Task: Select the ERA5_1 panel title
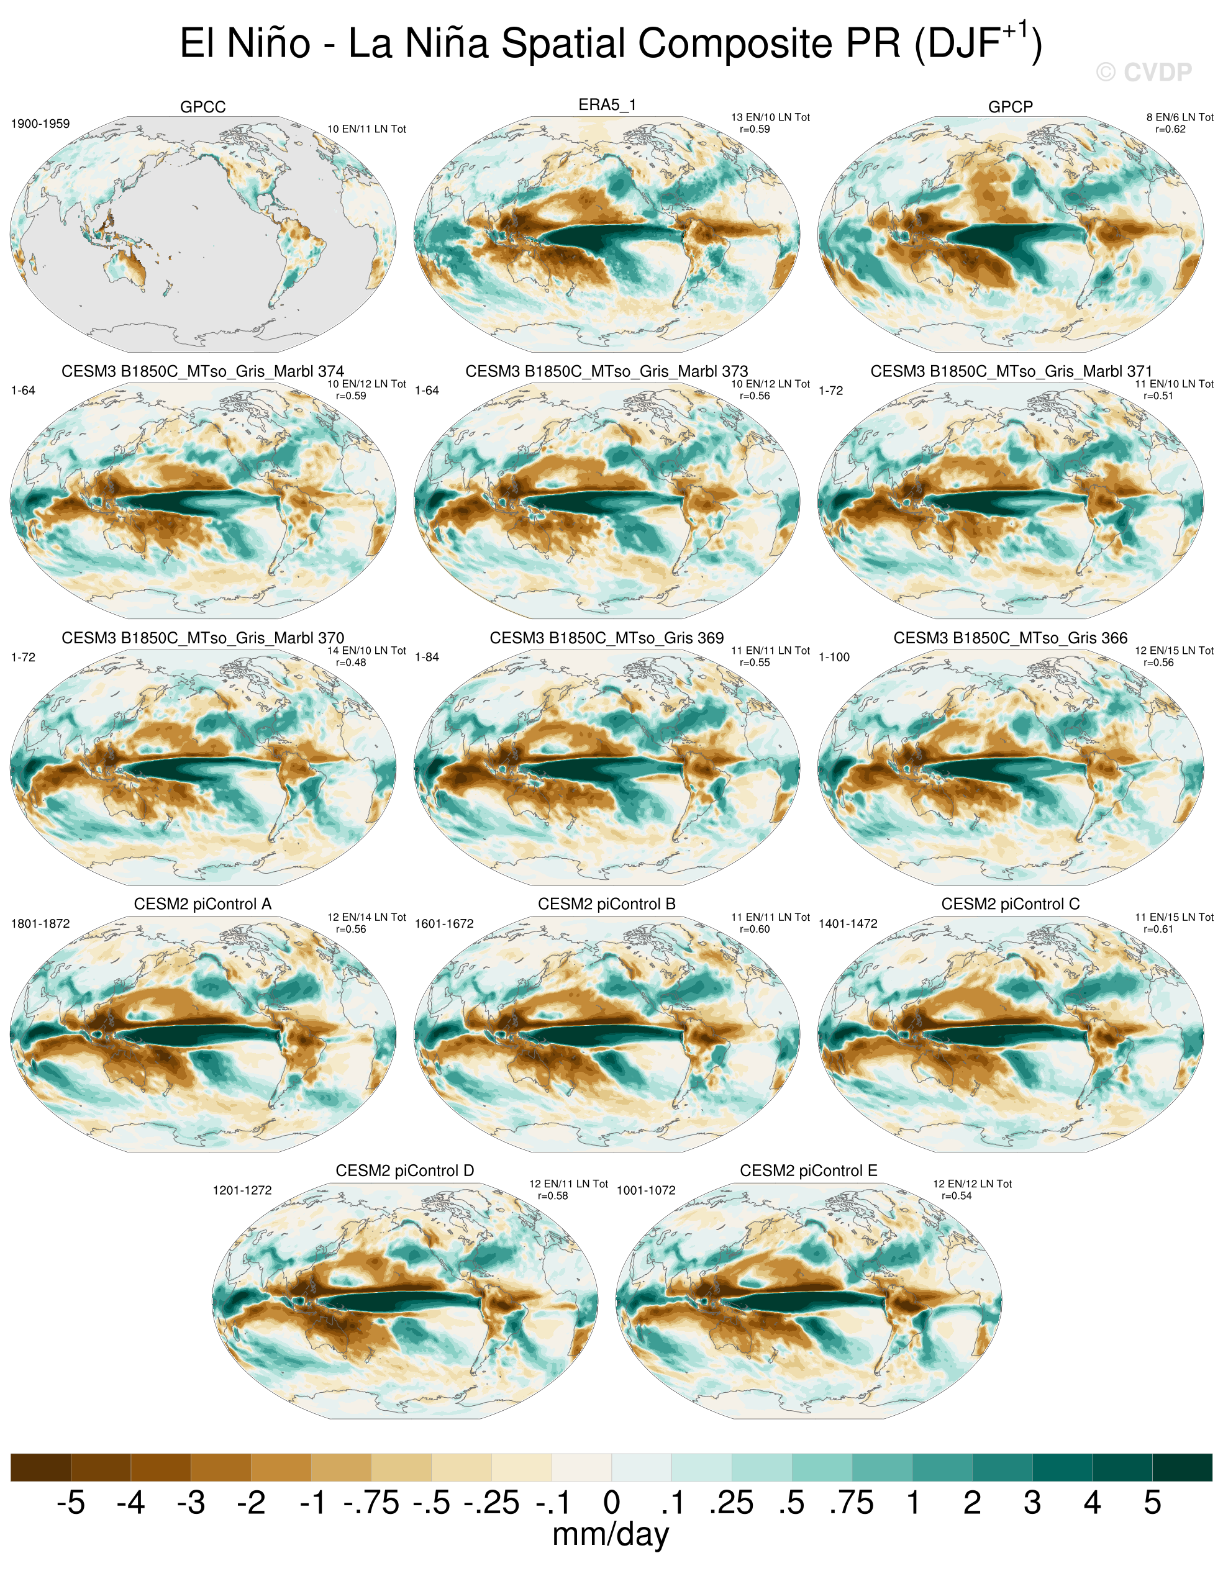[x=607, y=105]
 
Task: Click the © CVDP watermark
[x=1144, y=72]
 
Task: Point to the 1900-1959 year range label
[x=40, y=124]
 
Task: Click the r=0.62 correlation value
[x=1170, y=130]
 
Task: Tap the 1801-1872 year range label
[x=40, y=923]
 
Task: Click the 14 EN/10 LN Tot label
[x=367, y=651]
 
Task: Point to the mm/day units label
[x=611, y=1535]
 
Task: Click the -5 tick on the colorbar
[x=71, y=1503]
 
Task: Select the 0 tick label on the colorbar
[x=611, y=1503]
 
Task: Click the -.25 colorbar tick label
[x=491, y=1503]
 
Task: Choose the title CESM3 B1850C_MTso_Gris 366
[x=1011, y=638]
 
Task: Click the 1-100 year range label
[x=835, y=658]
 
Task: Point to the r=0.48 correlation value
[x=351, y=663]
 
